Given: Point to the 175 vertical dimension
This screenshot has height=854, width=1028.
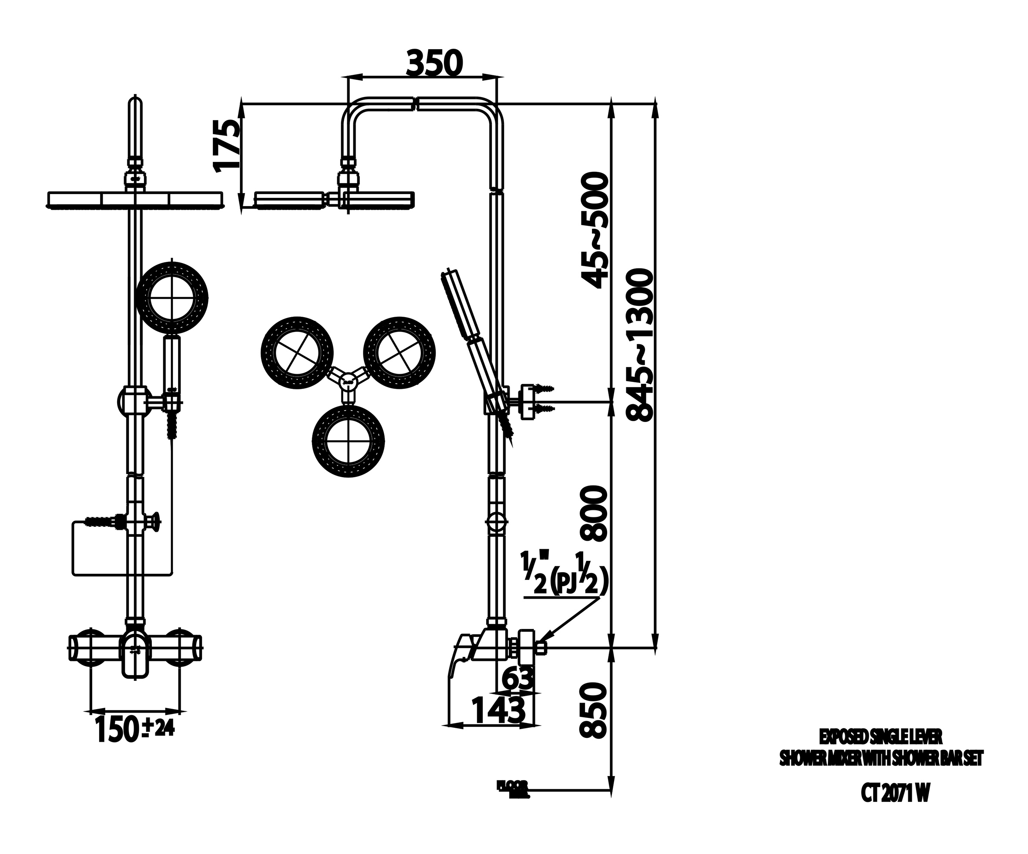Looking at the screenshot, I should tap(227, 145).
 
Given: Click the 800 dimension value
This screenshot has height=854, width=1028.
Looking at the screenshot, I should tap(593, 513).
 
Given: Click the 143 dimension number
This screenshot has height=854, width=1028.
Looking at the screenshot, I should tap(498, 710).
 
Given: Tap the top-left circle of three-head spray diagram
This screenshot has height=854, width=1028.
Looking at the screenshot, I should tap(297, 352).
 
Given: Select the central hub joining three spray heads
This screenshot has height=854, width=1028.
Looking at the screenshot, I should tap(348, 380).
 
